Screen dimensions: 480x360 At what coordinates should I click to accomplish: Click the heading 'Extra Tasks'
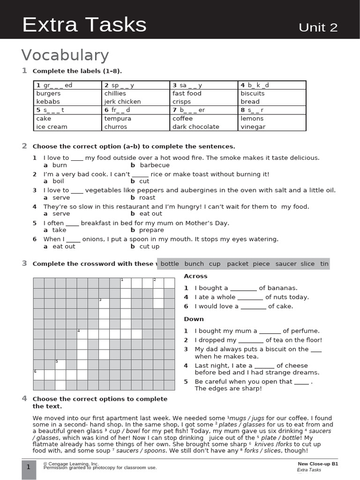(84, 25)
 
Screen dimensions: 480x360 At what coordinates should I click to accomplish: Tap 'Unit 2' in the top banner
(318, 27)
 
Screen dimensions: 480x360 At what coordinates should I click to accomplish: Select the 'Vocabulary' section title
(65, 55)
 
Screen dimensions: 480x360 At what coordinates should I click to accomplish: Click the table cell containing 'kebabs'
(48, 101)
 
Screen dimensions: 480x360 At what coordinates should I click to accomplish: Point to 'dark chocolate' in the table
(195, 127)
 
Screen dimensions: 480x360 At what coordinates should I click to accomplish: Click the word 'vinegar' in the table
(253, 127)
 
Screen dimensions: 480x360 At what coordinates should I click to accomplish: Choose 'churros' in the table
(115, 127)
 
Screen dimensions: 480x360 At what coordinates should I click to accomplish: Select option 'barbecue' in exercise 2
(155, 165)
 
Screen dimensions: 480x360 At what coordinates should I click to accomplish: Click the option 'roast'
(147, 197)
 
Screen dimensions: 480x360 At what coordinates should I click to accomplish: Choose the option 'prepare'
(151, 230)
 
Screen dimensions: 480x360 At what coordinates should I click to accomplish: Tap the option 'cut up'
(149, 246)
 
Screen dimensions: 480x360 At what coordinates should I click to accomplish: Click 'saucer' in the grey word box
(286, 264)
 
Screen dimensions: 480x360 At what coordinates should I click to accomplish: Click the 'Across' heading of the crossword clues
(195, 276)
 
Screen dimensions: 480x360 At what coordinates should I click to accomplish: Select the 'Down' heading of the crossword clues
(194, 319)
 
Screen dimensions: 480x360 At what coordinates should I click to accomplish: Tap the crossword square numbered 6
(38, 375)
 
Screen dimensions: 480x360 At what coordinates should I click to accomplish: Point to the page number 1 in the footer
(29, 467)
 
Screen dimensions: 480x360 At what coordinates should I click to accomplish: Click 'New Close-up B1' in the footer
(317, 464)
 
